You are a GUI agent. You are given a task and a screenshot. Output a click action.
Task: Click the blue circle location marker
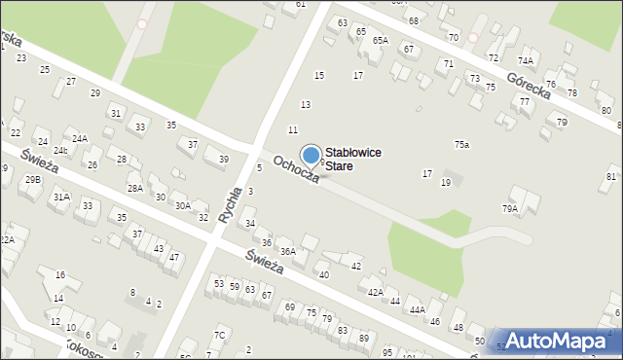[311, 155]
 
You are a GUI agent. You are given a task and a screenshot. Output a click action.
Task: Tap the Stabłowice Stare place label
[352, 160]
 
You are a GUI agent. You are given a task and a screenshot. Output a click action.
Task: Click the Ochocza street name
[296, 175]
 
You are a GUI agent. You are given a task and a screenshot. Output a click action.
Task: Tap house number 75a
[461, 144]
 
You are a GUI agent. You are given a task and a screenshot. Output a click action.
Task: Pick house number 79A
[509, 208]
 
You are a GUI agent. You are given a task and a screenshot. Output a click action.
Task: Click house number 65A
[380, 41]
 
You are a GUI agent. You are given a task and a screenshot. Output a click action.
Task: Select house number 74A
[526, 60]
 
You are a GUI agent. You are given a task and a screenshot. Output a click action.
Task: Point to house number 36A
[288, 251]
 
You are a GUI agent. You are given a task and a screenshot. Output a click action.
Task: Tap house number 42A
[376, 292]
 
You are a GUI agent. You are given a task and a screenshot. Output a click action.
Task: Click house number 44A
[417, 309]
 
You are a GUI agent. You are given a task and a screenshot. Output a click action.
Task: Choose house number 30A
[182, 205]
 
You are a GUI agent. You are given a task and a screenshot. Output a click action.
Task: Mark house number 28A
[135, 188]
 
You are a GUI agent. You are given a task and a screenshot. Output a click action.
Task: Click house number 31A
[61, 197]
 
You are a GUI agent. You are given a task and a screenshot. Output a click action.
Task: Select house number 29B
[33, 180]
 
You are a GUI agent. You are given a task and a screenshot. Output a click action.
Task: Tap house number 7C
[220, 336]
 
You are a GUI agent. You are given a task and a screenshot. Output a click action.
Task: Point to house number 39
[223, 159]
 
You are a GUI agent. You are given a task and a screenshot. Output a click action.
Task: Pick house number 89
[363, 337]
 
